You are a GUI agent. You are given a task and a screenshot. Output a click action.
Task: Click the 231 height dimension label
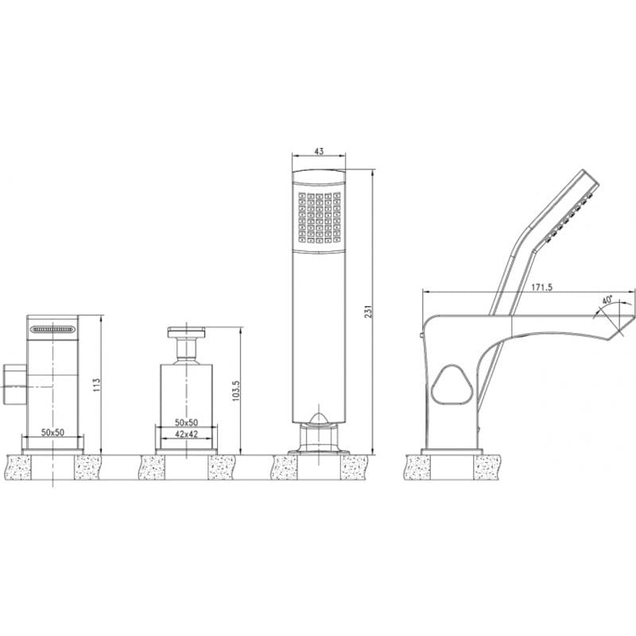click(x=368, y=312)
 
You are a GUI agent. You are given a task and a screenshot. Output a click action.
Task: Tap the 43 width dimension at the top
click(x=320, y=151)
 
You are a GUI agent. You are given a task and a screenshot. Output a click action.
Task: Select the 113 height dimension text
click(x=96, y=385)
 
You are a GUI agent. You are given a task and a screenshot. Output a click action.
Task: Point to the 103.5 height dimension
click(x=236, y=391)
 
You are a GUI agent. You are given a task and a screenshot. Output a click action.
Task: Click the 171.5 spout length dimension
click(x=541, y=287)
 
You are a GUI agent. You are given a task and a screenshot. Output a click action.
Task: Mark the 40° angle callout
click(x=607, y=301)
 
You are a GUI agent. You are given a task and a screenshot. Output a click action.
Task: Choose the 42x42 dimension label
click(x=186, y=434)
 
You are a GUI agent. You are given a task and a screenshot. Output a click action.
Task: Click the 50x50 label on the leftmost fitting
click(x=52, y=432)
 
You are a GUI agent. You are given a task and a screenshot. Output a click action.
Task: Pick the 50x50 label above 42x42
click(x=186, y=422)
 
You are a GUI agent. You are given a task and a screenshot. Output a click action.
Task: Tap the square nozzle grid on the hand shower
click(x=320, y=217)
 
